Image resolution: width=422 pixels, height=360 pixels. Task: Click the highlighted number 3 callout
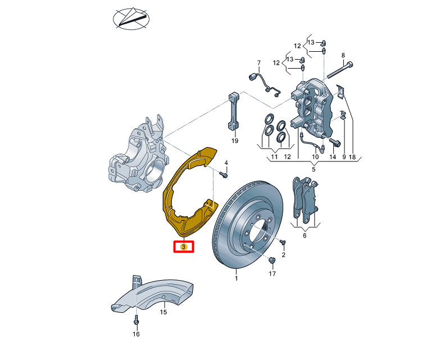click(184, 246)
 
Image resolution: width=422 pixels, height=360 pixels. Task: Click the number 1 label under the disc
click(237, 278)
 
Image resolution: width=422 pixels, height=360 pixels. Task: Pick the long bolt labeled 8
click(339, 70)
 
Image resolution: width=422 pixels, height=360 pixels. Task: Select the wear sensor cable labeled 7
click(265, 84)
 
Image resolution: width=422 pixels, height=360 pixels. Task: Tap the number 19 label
click(235, 141)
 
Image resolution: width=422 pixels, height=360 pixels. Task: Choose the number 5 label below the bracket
click(314, 169)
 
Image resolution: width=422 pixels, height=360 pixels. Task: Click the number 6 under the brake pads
click(305, 236)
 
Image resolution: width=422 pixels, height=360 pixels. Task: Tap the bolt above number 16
click(136, 320)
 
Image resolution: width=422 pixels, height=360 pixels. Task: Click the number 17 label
click(273, 274)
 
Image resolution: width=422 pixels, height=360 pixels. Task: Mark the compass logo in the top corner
click(131, 19)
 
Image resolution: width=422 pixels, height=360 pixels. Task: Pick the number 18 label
click(352, 157)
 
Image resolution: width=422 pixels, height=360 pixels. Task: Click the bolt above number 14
click(335, 142)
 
